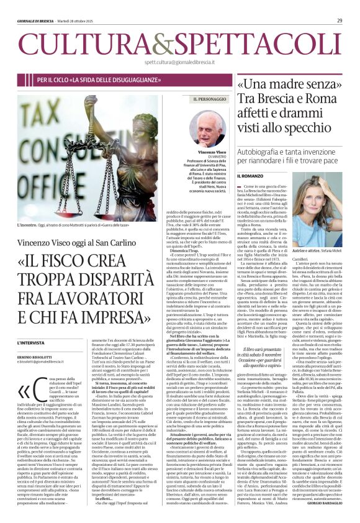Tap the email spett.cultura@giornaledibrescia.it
[179, 62]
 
